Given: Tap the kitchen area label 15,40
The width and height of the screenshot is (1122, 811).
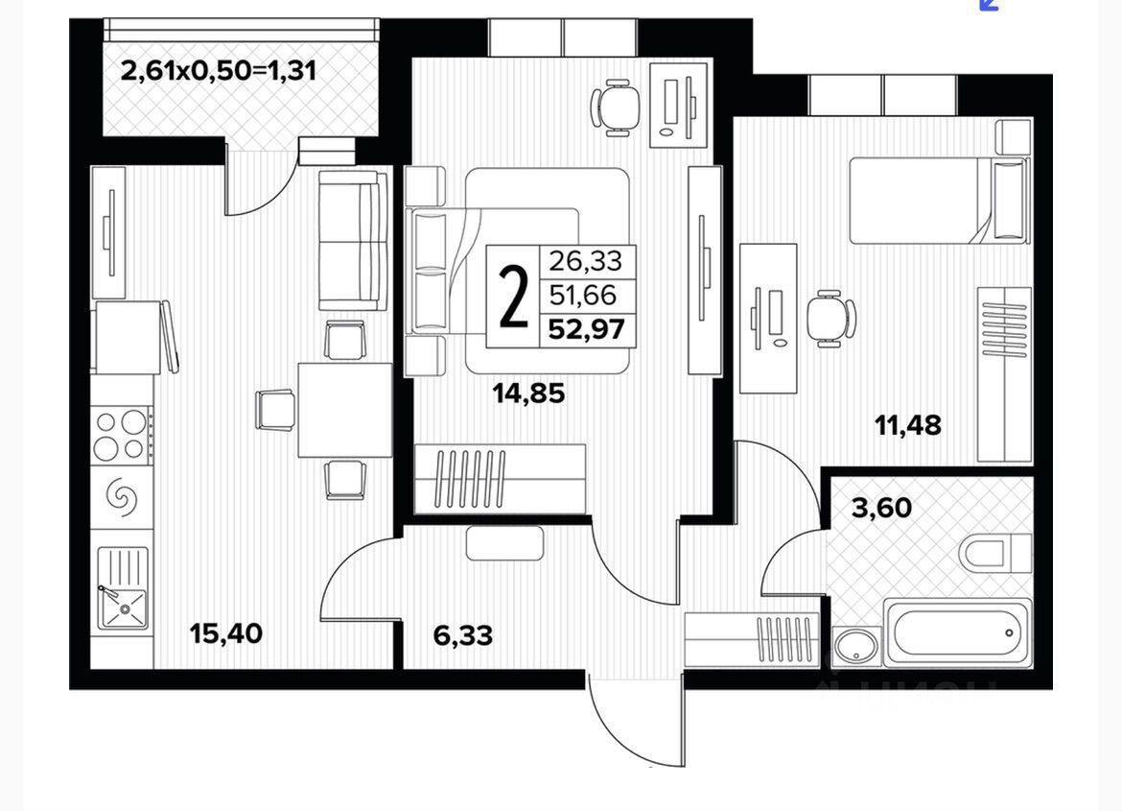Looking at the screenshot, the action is click(x=225, y=633).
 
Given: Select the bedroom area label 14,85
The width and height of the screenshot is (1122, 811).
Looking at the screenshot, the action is click(x=529, y=393).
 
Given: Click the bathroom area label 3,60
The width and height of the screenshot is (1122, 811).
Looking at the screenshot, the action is click(x=881, y=507).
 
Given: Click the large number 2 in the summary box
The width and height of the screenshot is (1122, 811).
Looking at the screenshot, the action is click(x=515, y=298).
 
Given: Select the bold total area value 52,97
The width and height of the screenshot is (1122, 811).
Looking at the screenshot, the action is click(x=586, y=330).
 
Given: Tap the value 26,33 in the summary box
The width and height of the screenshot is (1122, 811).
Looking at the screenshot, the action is click(x=585, y=260).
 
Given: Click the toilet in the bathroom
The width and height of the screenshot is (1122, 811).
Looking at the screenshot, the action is click(x=994, y=555).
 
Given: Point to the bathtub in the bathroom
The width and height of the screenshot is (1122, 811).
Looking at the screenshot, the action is click(x=958, y=632).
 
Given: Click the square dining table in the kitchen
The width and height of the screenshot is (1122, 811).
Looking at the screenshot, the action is click(x=344, y=410).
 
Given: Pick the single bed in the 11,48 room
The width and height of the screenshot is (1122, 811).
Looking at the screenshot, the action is click(x=938, y=201).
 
